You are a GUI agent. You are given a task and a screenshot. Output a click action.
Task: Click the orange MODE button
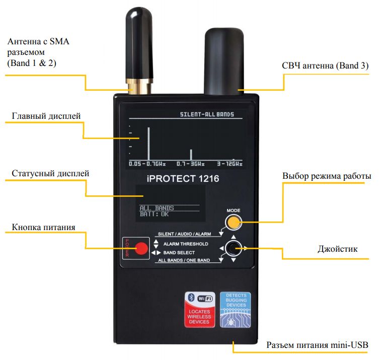[x=232, y=222]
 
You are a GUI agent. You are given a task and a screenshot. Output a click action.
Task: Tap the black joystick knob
[x=233, y=248]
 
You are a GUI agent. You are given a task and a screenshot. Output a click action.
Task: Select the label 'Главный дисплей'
[x=46, y=116]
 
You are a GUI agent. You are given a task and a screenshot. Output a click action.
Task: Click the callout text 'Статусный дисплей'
[x=50, y=173]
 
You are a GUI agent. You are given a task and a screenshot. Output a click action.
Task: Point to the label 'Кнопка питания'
[x=43, y=227]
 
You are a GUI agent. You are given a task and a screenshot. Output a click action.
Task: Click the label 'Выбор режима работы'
[x=327, y=176]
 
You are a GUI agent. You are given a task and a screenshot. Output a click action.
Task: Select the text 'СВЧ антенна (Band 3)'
[x=325, y=66]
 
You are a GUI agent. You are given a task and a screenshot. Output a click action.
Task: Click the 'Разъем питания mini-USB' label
[x=318, y=345]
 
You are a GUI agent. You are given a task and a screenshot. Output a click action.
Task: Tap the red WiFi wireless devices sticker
[x=200, y=310]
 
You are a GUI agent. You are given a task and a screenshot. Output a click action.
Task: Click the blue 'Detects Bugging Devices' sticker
[x=236, y=310]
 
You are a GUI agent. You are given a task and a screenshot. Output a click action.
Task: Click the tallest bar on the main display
[x=148, y=143]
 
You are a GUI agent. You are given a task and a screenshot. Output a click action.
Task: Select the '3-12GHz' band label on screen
[x=229, y=164]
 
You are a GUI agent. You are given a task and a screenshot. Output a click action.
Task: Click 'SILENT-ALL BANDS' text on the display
[x=207, y=115]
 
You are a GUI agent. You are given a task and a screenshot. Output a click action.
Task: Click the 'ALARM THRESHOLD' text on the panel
[x=186, y=244]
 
